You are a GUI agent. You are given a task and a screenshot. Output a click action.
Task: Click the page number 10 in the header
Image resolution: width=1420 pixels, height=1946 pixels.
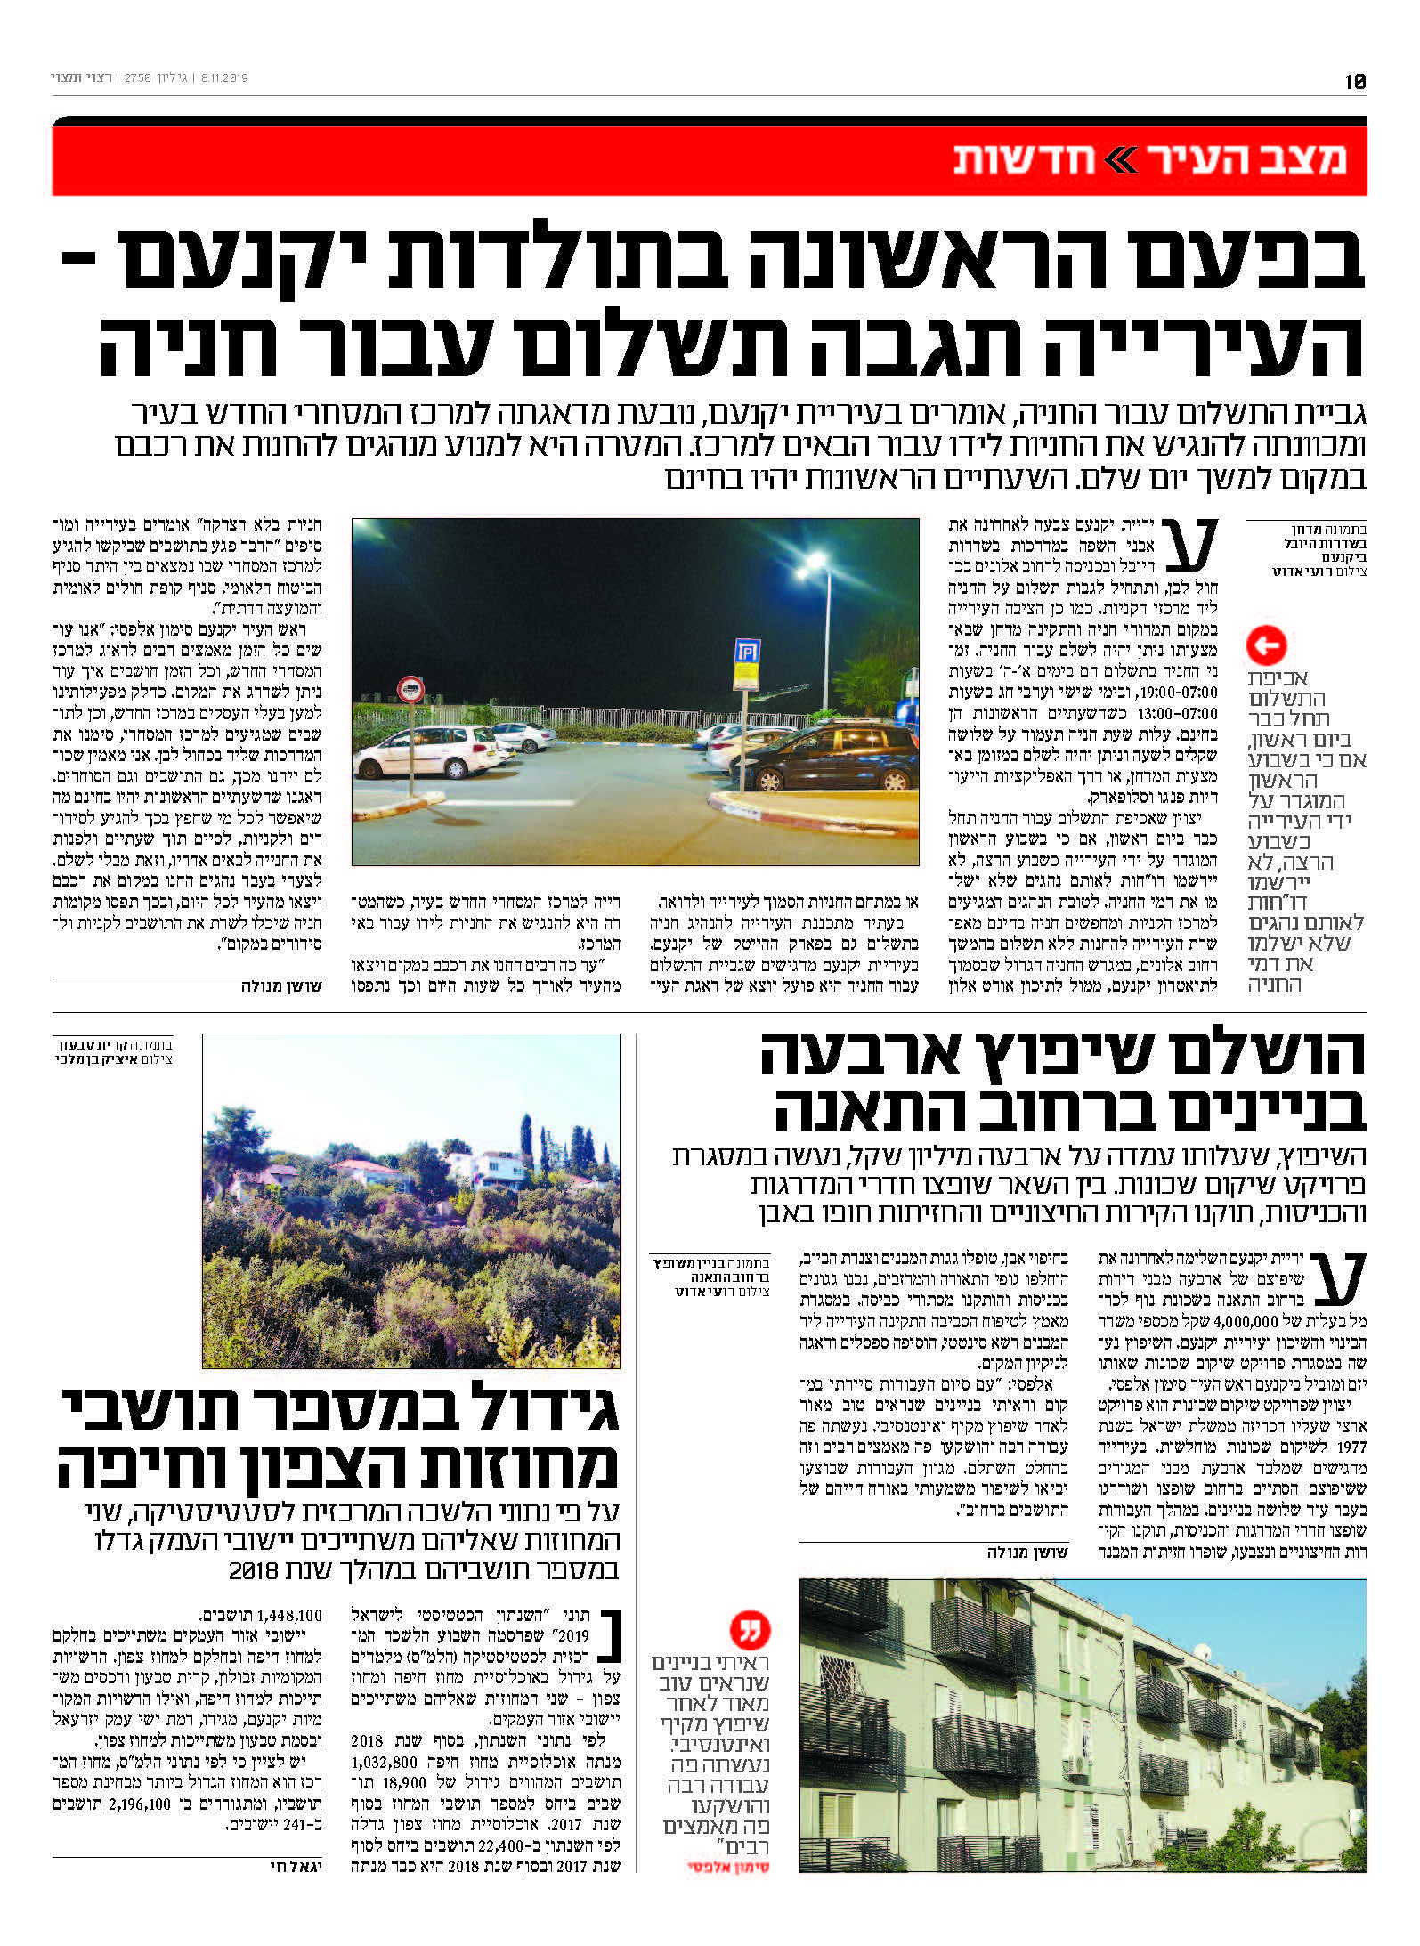point(1354,81)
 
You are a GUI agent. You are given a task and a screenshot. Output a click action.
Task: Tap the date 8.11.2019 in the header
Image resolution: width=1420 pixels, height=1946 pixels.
point(225,78)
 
